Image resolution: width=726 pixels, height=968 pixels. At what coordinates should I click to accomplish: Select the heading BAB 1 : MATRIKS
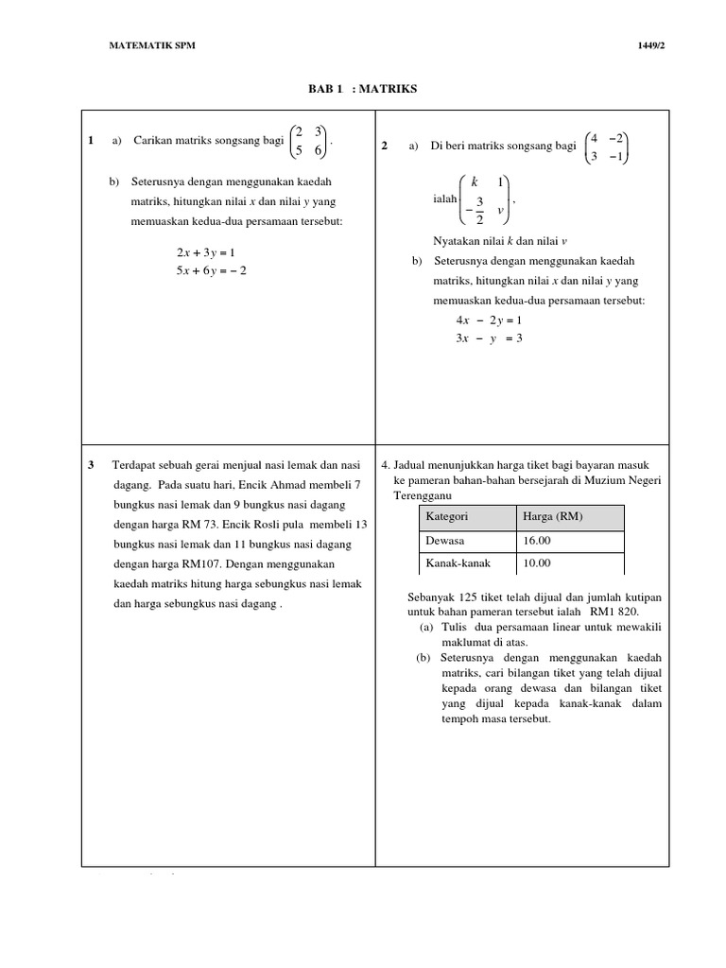point(362,89)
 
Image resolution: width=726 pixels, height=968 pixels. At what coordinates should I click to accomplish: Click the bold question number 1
point(89,141)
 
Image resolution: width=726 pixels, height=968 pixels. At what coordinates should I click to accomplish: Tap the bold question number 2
point(384,147)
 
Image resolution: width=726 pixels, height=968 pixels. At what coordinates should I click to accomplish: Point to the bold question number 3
point(90,465)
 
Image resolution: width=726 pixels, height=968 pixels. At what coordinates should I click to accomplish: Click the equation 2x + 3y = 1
point(205,252)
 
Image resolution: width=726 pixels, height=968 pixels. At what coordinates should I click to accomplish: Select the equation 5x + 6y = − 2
point(211,270)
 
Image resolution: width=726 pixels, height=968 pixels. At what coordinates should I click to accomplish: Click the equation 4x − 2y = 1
point(489,320)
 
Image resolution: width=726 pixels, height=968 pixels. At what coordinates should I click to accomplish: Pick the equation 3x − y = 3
point(489,338)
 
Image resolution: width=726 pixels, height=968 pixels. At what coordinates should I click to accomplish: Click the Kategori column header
point(447,517)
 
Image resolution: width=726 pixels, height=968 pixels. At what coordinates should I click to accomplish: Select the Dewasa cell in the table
point(445,541)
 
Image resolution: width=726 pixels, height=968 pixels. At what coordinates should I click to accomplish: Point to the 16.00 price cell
point(537,541)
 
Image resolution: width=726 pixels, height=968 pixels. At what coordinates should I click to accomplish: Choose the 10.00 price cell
point(537,563)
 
